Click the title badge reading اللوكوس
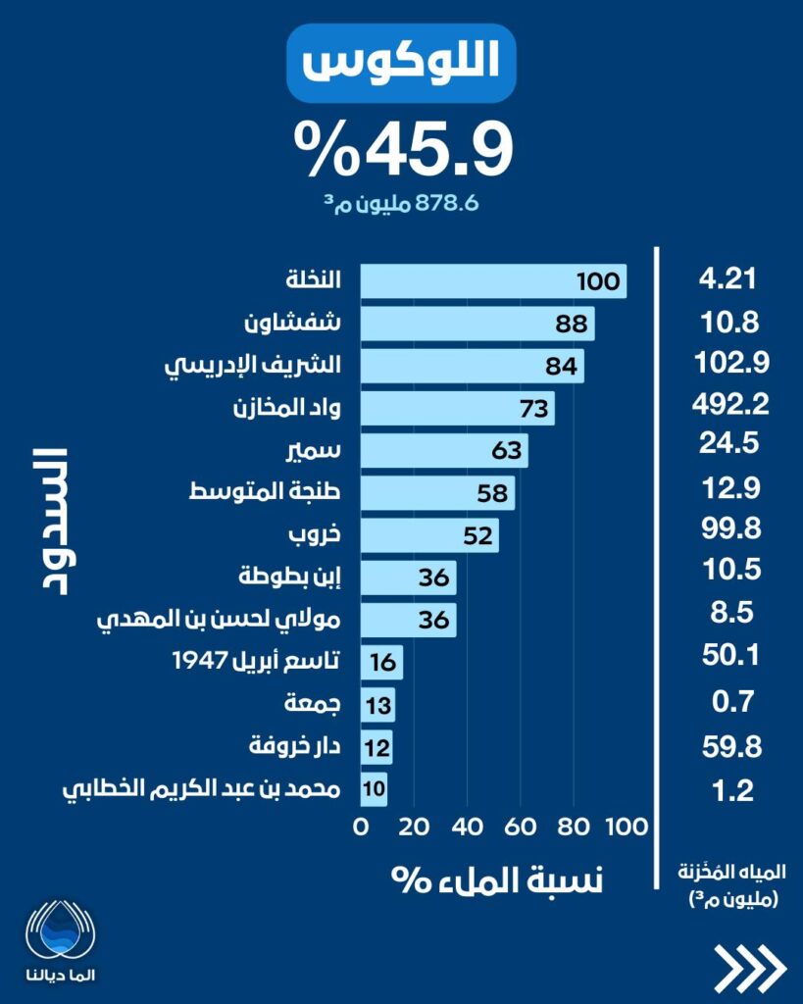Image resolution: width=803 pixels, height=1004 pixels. pos(401,64)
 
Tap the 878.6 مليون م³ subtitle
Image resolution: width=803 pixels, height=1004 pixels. pos(402,204)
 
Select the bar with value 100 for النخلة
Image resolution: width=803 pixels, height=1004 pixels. pos(493,281)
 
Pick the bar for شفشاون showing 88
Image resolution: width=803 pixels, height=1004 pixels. pos(477,323)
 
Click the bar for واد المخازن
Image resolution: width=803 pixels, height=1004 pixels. pos(457,407)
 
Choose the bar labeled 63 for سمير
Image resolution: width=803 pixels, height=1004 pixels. pos(444,450)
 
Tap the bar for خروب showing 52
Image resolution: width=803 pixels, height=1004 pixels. pos(429,535)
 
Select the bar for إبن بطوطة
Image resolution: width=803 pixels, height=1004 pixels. pos(408,578)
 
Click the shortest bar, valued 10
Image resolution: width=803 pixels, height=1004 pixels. pos(375,788)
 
